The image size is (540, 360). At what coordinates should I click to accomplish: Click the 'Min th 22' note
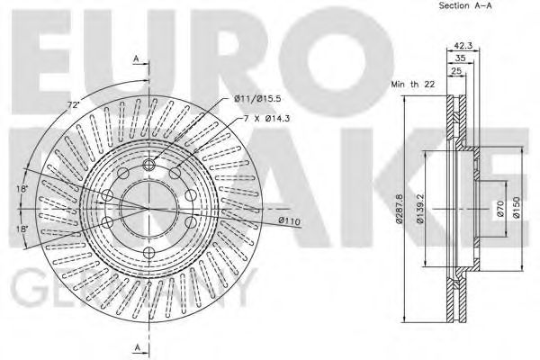[x=412, y=84]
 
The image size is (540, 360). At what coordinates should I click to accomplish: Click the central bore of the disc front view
[x=147, y=207]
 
